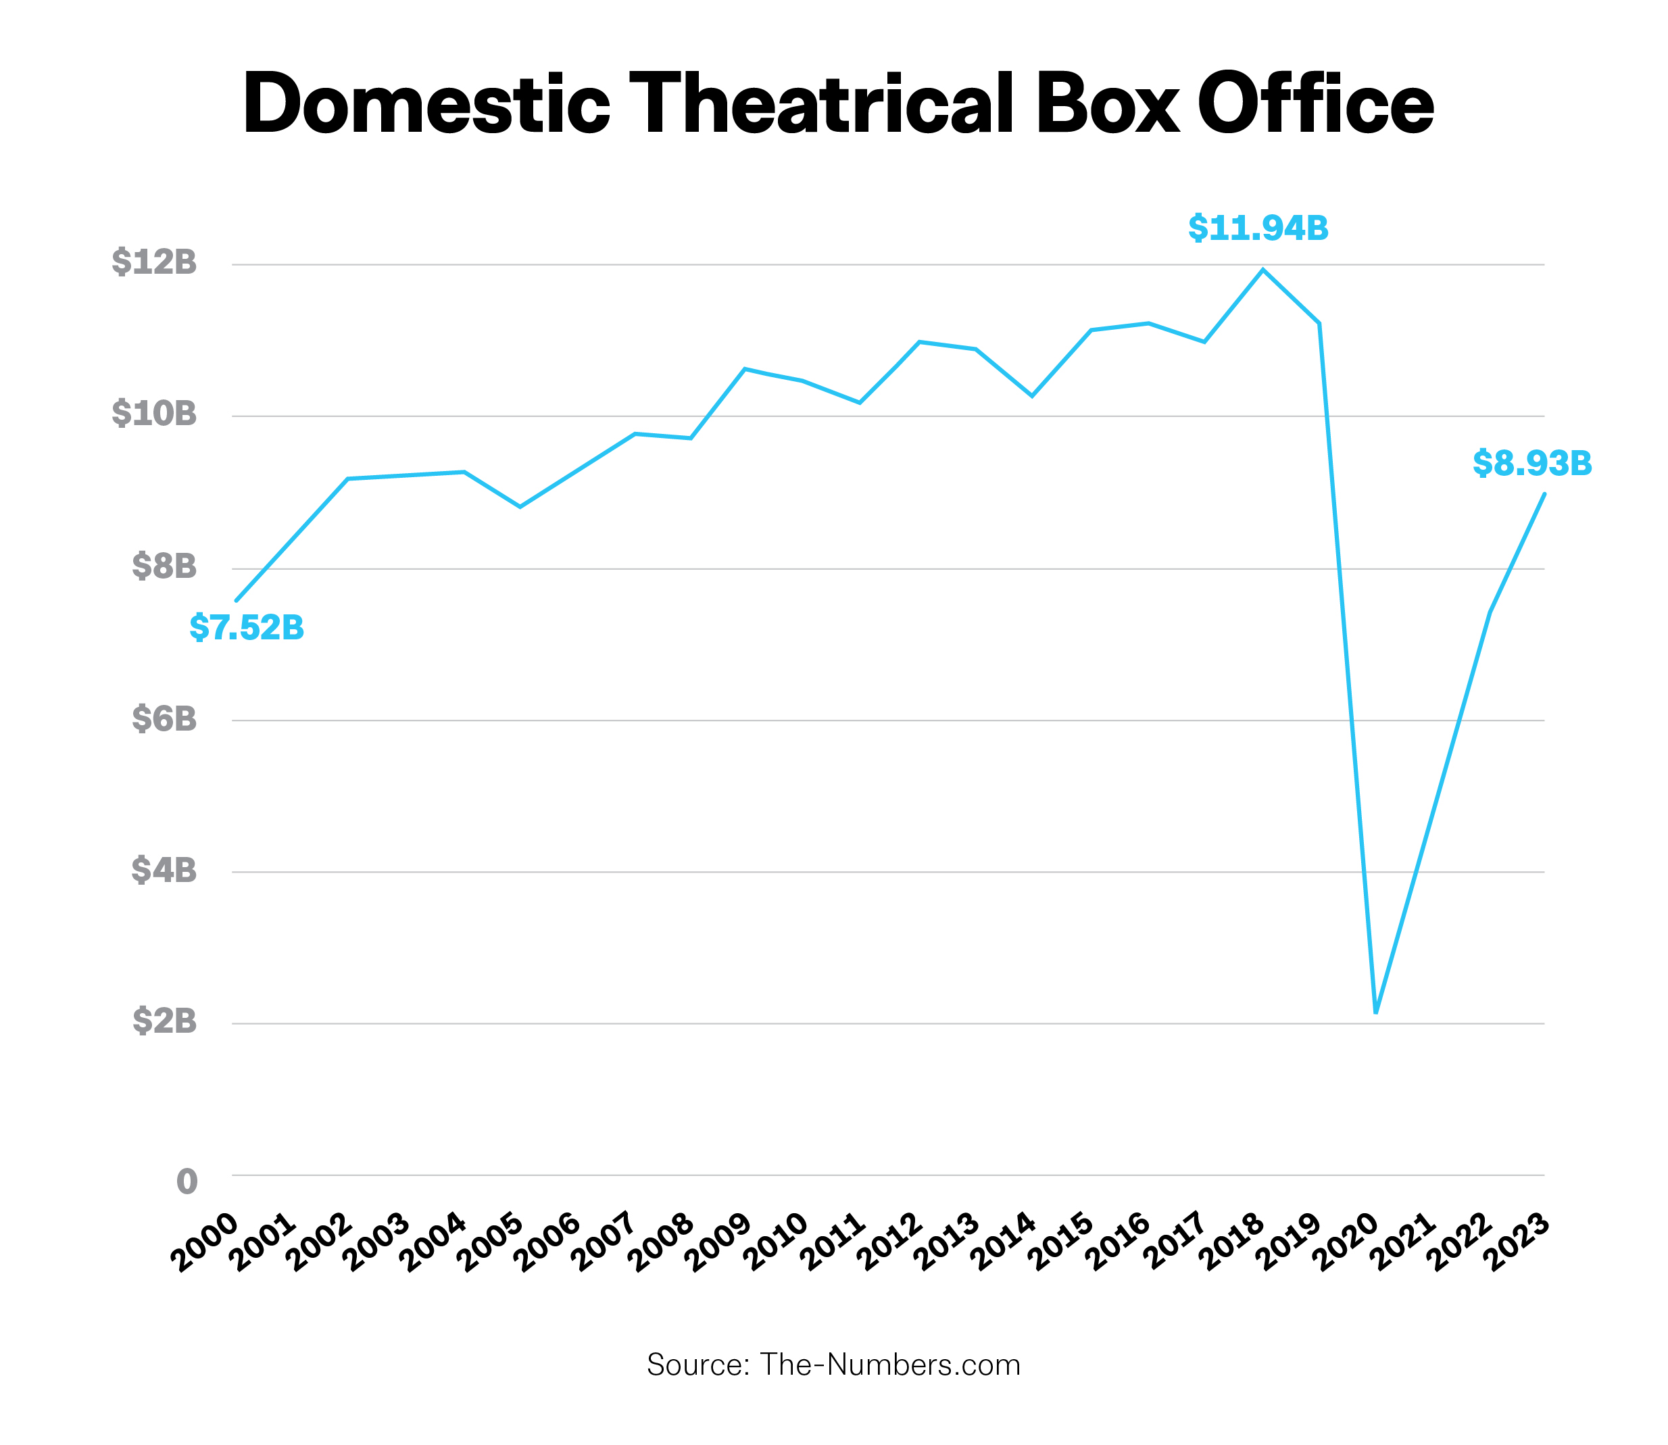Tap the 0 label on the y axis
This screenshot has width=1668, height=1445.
coord(187,1181)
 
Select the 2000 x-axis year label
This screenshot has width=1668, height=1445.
coord(205,1243)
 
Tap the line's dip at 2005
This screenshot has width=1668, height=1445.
coord(520,506)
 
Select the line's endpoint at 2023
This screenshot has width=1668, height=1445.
coord(1543,493)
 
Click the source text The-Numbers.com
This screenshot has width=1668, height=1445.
coord(890,1365)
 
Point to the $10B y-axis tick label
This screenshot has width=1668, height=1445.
coord(154,414)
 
